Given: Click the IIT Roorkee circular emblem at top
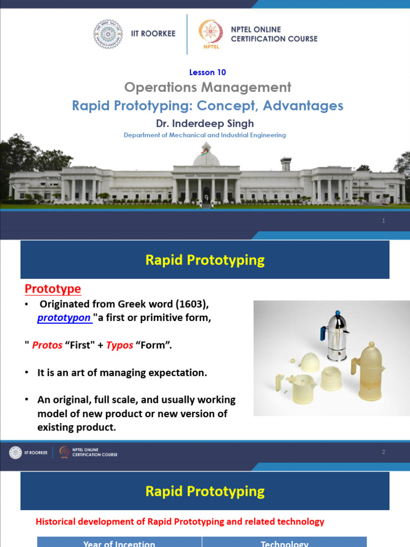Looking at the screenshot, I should coord(108,34).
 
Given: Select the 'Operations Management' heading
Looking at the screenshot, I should coord(208,87).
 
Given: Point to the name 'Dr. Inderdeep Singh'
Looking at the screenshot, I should coord(204,123).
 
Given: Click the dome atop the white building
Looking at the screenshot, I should coord(206,157).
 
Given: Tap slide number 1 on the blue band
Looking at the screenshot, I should coord(383,221).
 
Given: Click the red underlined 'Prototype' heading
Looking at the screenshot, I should coord(53,289).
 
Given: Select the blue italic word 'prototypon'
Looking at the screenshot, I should coord(64,318).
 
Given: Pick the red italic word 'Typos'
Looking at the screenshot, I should coord(120,345).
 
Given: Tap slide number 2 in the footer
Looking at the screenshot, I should coord(383,452).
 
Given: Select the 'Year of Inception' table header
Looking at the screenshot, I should coord(119,543).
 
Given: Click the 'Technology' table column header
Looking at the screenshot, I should coord(284,543).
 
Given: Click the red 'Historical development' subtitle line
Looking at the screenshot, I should coord(180,521).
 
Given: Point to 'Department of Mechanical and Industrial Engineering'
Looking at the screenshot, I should coord(204,135).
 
